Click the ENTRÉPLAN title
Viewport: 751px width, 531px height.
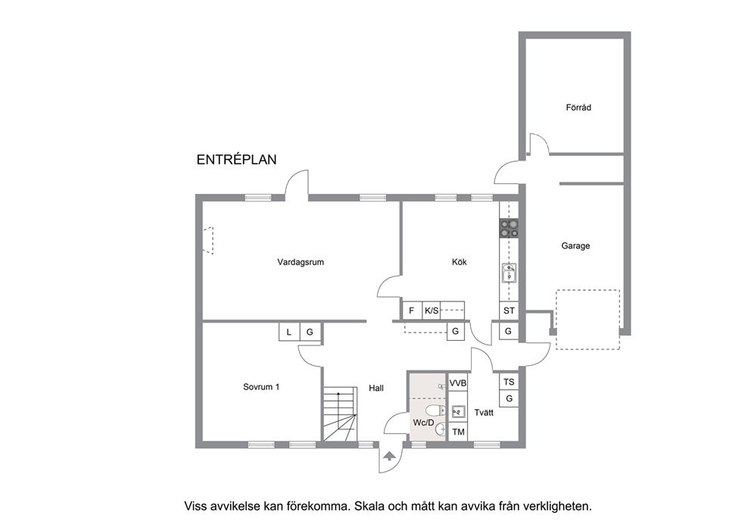point(237,160)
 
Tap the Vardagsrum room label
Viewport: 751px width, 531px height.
point(301,262)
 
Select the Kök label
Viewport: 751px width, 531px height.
point(459,261)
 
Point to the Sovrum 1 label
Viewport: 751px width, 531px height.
point(261,387)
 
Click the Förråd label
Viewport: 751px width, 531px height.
point(578,108)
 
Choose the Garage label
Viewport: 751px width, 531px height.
point(575,246)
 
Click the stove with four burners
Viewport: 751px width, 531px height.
point(509,229)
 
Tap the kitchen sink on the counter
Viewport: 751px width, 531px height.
point(509,273)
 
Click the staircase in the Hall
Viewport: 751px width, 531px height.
point(340,414)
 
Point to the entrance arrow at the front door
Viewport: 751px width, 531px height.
point(389,456)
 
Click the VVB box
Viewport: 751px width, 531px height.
point(457,383)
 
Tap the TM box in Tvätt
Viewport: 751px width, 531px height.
point(458,432)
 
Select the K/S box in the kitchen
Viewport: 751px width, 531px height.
point(431,311)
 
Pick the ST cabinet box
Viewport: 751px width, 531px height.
point(509,311)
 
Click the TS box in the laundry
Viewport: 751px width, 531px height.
point(509,382)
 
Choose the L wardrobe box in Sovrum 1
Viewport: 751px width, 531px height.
point(288,332)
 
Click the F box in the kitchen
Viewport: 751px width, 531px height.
point(411,311)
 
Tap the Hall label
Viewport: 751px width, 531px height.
point(376,388)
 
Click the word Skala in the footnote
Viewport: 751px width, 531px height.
point(369,506)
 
